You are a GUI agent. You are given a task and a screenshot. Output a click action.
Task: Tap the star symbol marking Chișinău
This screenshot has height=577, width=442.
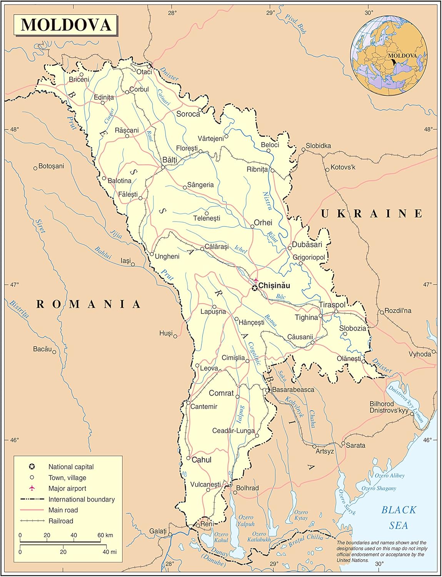[255, 287]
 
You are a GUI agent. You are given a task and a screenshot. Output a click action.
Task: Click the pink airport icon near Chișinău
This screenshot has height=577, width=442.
[256, 280]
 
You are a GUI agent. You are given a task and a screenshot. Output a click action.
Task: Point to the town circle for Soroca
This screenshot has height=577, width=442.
[200, 110]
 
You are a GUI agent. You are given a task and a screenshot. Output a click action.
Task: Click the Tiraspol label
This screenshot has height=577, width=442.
[332, 305]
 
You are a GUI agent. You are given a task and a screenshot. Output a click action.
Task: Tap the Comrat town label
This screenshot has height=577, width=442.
[221, 393]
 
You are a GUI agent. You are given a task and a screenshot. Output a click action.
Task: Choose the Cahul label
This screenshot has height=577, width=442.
[201, 460]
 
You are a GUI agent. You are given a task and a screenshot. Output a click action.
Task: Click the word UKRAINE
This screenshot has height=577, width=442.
[372, 213]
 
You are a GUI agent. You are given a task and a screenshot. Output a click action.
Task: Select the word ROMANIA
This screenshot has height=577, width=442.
[88, 304]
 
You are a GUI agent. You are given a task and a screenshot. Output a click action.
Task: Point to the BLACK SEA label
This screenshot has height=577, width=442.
[399, 518]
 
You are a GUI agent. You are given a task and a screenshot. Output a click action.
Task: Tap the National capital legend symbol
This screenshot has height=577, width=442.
[32, 467]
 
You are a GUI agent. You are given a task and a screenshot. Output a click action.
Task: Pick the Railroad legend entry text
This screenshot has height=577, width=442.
[61, 521]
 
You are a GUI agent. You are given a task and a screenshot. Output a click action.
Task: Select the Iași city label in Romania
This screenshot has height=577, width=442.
[125, 261]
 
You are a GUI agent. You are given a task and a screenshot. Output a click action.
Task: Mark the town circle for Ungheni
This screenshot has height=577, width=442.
[152, 254]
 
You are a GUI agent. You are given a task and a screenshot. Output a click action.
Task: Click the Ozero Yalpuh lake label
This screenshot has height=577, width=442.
[246, 520]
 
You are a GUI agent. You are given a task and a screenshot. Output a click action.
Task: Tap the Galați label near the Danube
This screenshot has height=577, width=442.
[158, 531]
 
